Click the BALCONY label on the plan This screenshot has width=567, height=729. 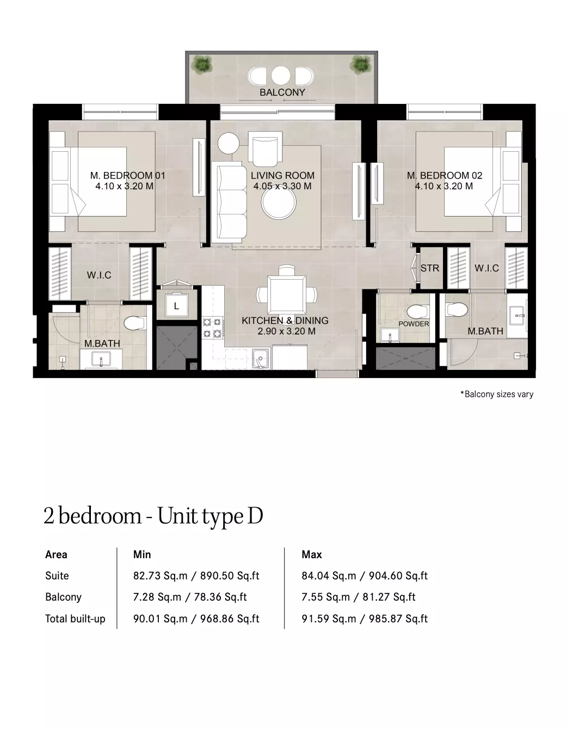[282, 92]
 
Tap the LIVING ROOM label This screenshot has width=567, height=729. [282, 176]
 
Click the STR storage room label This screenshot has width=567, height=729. [429, 268]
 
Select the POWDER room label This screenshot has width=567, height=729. [414, 324]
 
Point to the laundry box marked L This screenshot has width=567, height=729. [176, 305]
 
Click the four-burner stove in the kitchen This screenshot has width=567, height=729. [212, 328]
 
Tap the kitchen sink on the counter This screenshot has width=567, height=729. [261, 359]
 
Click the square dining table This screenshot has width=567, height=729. [286, 294]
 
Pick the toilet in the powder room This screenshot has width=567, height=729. [418, 312]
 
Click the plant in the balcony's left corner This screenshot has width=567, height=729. [202, 64]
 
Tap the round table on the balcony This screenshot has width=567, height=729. [280, 75]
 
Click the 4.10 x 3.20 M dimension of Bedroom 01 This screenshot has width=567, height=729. [125, 186]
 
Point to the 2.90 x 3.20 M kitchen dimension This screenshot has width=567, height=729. [287, 331]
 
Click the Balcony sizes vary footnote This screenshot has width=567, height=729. [497, 394]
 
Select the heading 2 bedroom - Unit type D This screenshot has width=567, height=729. [153, 516]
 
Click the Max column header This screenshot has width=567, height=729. [312, 554]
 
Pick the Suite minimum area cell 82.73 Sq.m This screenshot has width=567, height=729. [160, 576]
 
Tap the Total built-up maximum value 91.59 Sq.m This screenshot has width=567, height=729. [329, 619]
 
